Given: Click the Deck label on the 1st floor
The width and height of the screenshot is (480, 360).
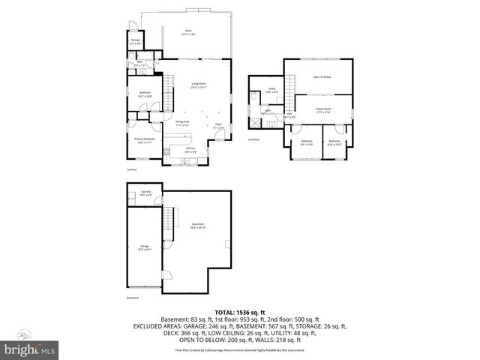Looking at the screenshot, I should pos(187,32).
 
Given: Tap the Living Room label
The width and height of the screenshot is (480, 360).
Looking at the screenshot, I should pos(199,85).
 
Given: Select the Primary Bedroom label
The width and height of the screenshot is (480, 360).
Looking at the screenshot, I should pos(145,140).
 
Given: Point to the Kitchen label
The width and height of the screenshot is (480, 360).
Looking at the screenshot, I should pos(191,149).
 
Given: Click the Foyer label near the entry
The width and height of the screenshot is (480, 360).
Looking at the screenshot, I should pos(218,125).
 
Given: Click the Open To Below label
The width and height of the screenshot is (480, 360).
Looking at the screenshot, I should pos(322,77).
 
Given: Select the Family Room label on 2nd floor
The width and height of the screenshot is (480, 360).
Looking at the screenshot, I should pos(323,109).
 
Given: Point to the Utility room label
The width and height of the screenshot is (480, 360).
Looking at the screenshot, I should pos(272,91).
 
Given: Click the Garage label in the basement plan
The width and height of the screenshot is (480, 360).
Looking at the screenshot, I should pos(145,247).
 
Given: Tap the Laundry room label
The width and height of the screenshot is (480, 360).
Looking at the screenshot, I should pos(145,193).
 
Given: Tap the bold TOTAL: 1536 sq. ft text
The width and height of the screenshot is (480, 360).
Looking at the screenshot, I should pos(240,311).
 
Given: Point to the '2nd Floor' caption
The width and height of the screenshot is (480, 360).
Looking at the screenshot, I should pos(254,139).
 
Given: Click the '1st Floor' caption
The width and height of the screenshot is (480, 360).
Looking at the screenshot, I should pos(131,169).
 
